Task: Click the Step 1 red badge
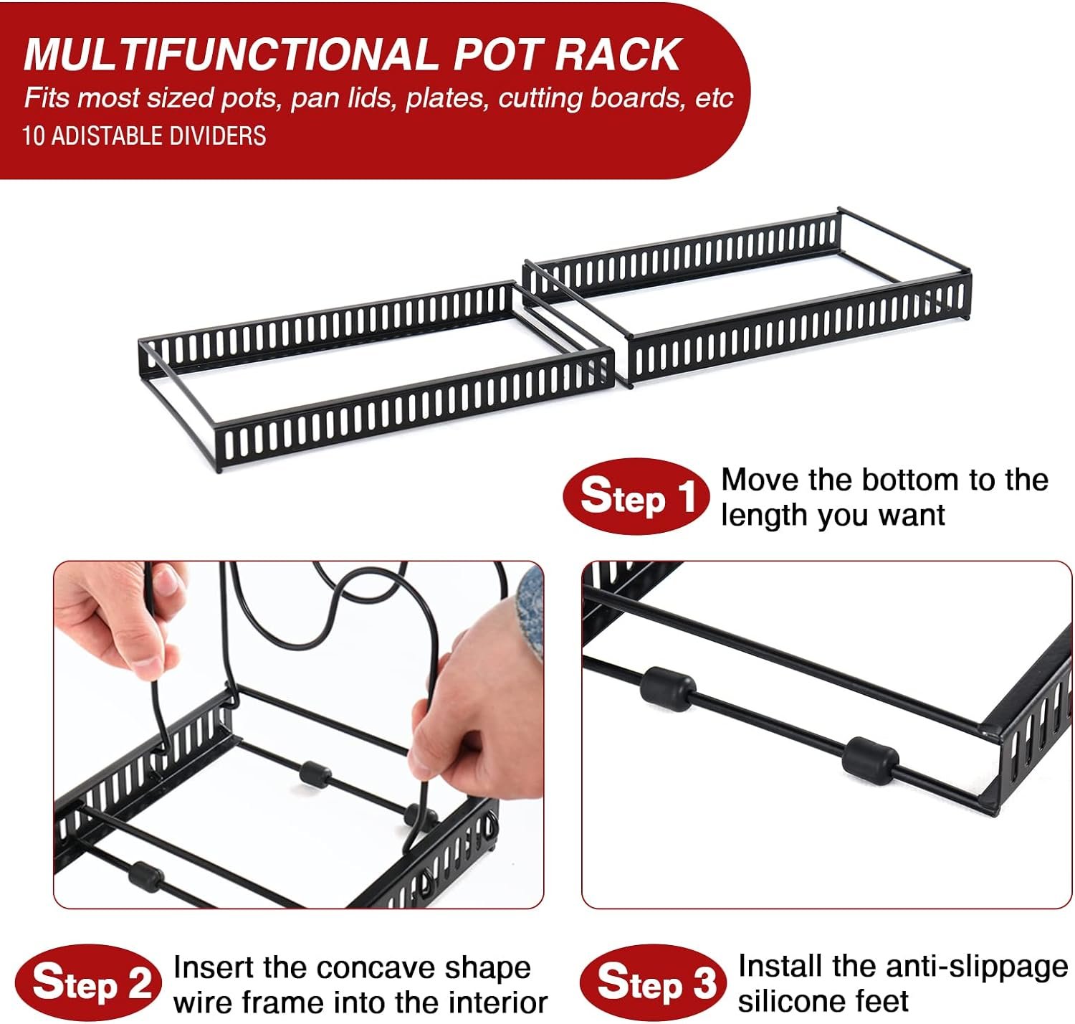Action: (x=636, y=496)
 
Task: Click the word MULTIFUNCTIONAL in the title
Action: (x=230, y=54)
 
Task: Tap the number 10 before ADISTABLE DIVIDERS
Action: (x=34, y=136)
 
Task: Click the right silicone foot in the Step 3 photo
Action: (x=869, y=759)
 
